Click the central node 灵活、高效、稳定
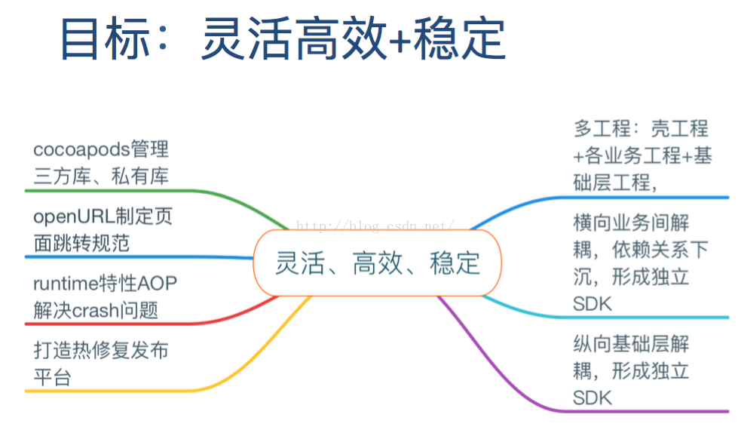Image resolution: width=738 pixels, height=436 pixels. pos(377,263)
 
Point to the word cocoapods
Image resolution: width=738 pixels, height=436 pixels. pos(82,149)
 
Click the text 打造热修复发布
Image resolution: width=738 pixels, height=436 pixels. pos(101,351)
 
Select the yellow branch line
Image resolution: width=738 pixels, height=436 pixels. pos(151,391)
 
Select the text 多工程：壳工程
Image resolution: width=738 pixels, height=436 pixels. pos(641,129)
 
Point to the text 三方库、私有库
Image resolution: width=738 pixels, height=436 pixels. pos(101,177)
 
